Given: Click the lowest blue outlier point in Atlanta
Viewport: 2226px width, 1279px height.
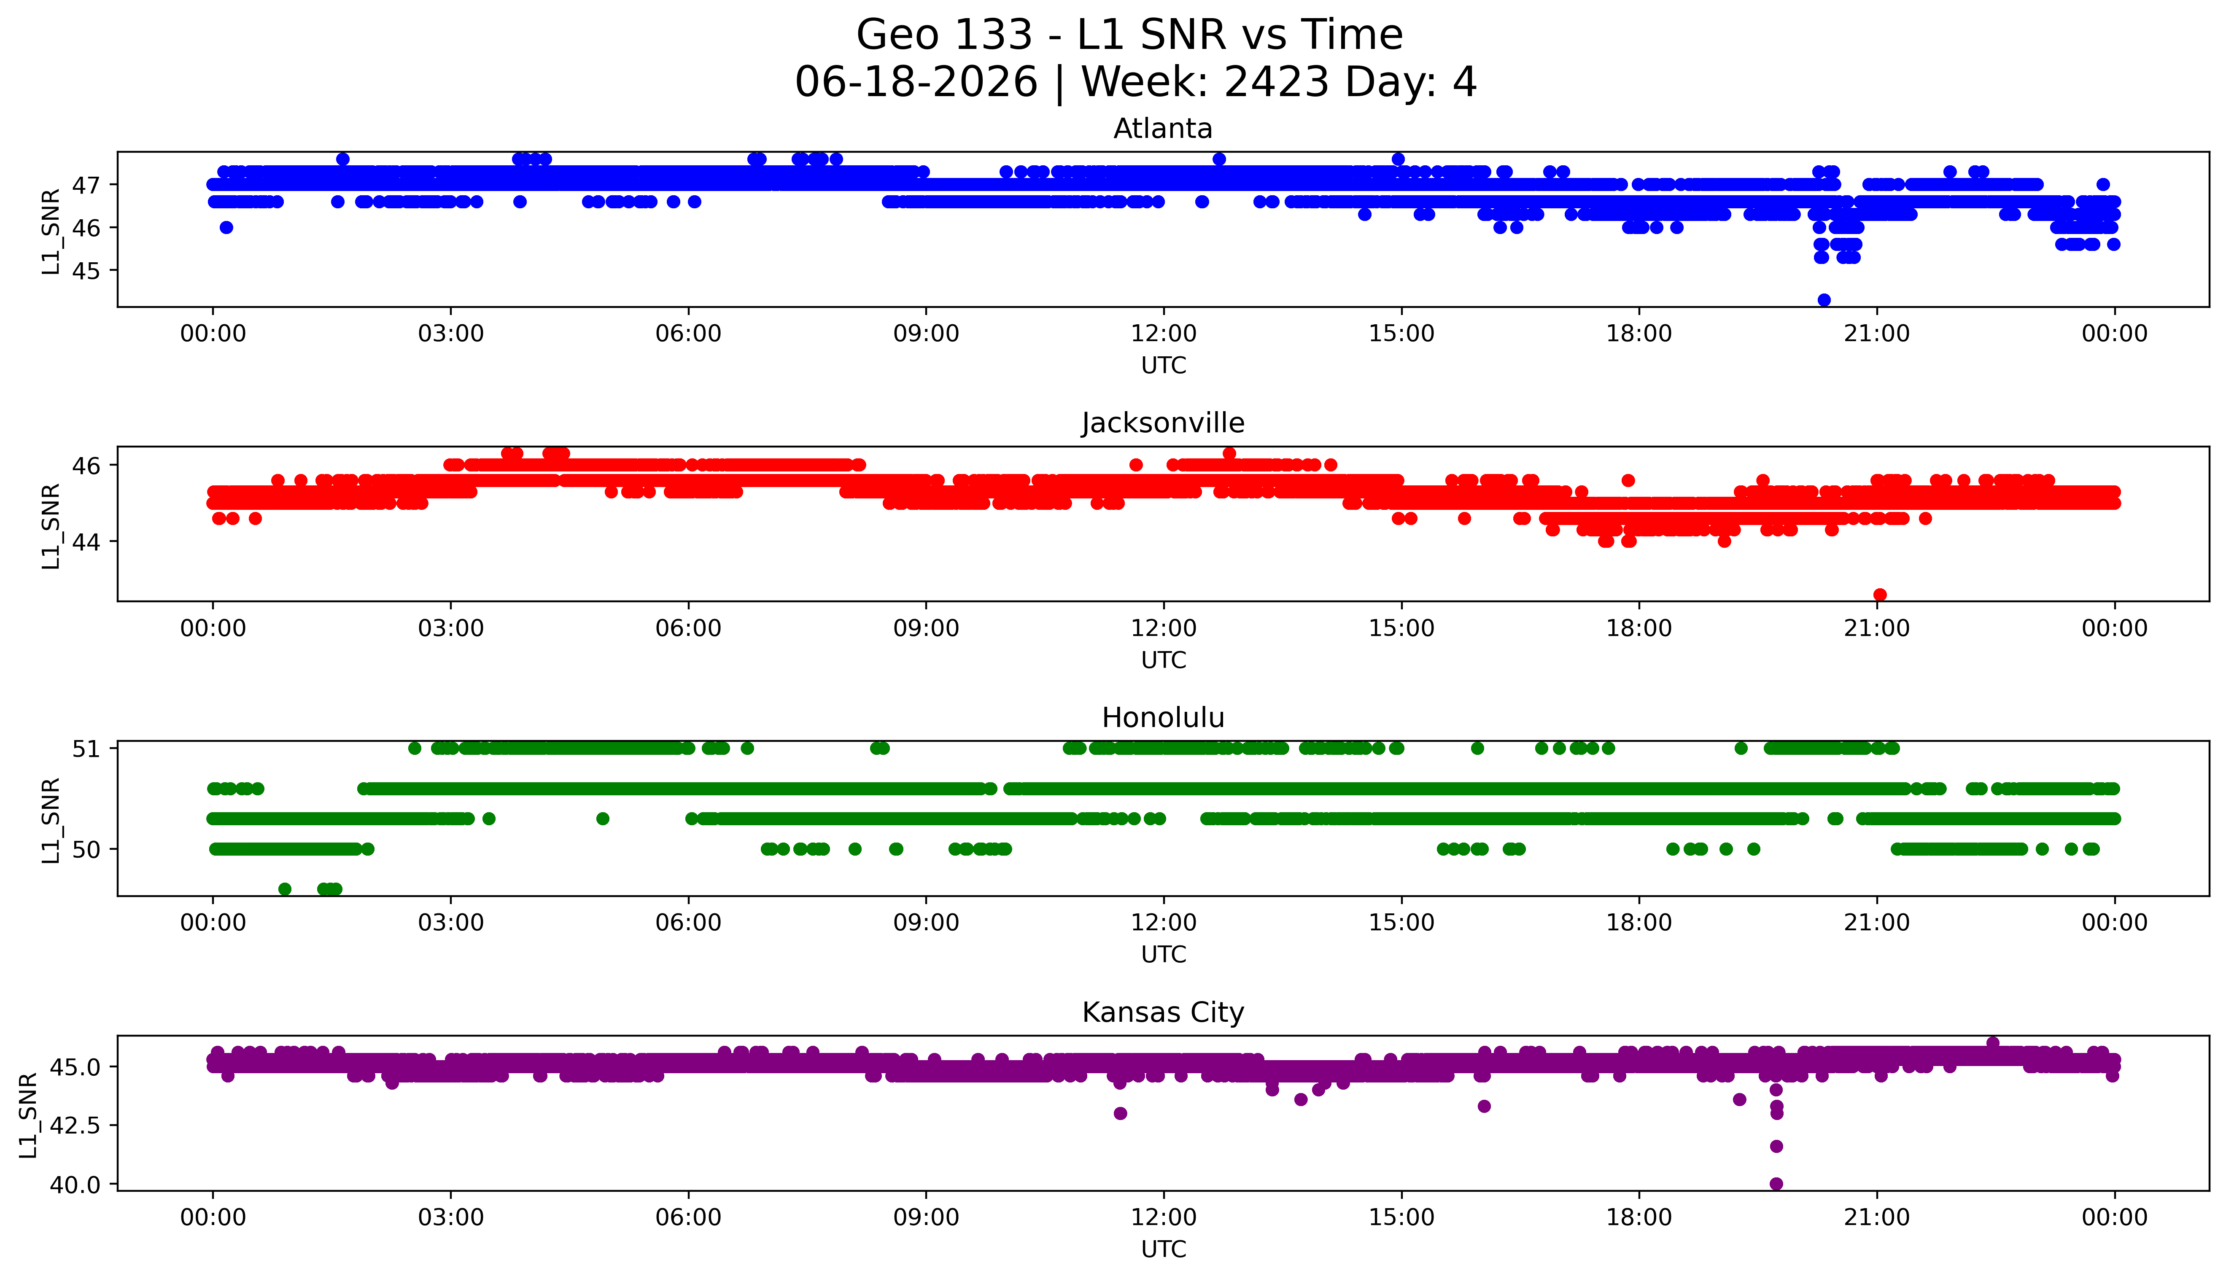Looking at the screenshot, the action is tap(1824, 299).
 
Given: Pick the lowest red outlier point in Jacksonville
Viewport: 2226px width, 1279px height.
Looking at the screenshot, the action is tap(1880, 595).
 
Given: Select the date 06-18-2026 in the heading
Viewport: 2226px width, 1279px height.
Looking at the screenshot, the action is tap(916, 83).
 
